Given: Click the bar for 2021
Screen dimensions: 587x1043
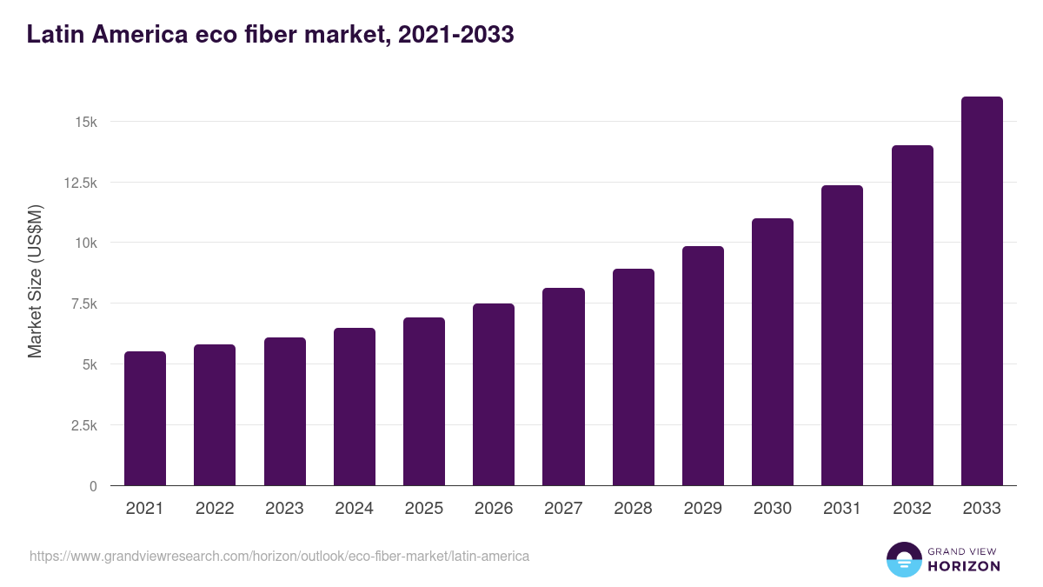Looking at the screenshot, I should (145, 418).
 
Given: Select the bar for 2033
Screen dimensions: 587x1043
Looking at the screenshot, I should (981, 291).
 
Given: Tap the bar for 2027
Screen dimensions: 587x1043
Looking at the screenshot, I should (563, 387).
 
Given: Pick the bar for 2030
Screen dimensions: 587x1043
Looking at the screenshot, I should (773, 352).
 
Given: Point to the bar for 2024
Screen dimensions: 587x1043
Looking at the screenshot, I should (355, 407).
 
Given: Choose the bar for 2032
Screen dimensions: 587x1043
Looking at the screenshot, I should (912, 316).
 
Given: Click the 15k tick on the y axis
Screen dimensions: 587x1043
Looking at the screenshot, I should (85, 122).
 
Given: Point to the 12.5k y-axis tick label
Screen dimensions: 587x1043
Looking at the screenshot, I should (79, 183).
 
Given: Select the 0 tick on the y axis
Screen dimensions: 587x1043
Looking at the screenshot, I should (92, 486).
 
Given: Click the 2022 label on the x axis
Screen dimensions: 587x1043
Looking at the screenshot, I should (215, 509).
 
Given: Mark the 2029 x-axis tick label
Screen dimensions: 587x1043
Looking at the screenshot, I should (702, 509).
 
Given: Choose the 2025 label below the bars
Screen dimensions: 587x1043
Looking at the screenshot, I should (424, 509).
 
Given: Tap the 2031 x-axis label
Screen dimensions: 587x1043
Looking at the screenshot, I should (842, 509).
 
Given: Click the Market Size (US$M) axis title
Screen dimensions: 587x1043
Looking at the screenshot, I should (35, 282).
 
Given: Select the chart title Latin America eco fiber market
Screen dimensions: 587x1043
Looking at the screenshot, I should (270, 35).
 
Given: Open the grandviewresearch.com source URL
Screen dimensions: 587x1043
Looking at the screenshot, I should (279, 556).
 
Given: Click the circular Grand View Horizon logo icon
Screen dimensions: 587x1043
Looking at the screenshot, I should (904, 559).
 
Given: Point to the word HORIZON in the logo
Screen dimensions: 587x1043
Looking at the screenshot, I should (964, 566).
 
